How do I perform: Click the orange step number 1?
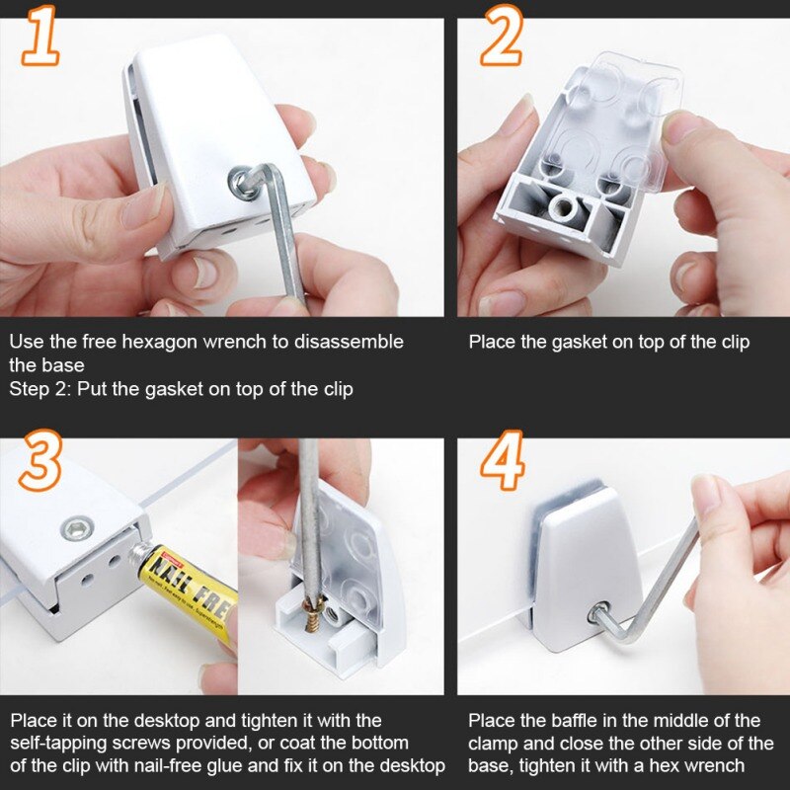coord(40,37)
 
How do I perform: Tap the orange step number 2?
coord(502,36)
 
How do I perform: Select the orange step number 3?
coord(40,460)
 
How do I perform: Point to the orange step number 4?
coord(502,460)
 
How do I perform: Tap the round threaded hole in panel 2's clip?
coord(564,208)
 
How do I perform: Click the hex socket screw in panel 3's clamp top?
coord(77,528)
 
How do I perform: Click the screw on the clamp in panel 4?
coord(598,613)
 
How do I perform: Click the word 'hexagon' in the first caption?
coord(161,342)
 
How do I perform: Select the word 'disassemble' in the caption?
coord(349,342)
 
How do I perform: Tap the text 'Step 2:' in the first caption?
coord(39,389)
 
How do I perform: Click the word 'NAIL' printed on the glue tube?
coord(170,571)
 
